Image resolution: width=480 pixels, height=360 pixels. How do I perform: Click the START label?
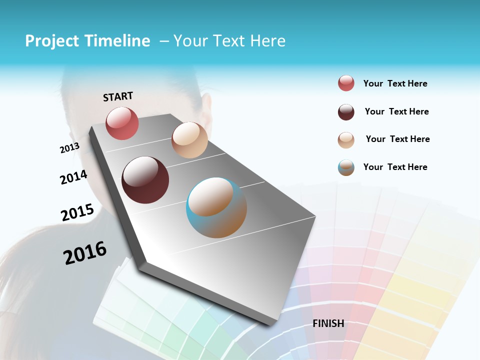tap(118, 96)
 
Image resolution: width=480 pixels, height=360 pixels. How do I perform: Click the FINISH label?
tap(328, 323)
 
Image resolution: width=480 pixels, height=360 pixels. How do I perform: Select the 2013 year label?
tap(69, 148)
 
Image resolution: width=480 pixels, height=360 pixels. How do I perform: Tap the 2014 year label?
tap(73, 177)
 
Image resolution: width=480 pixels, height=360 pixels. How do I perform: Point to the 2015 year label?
tap(77, 212)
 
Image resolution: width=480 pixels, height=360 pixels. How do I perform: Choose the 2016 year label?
tap(85, 252)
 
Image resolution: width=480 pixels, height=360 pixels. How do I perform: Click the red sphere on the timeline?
tap(122, 123)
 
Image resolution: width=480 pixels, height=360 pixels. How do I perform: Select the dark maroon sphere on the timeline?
tap(145, 180)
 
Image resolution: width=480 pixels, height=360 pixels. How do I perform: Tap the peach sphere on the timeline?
tap(189, 140)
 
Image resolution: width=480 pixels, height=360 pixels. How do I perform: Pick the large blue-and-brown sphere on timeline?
tap(216, 207)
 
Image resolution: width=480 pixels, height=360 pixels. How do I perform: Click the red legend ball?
tap(346, 83)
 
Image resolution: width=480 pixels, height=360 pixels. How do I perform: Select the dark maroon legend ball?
tap(346, 112)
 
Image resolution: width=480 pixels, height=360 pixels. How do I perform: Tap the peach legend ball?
tap(346, 140)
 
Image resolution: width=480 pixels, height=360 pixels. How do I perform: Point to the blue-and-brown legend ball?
tap(346, 167)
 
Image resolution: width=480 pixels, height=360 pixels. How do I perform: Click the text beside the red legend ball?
tap(395, 83)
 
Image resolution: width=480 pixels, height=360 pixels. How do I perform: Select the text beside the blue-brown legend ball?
tap(395, 167)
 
